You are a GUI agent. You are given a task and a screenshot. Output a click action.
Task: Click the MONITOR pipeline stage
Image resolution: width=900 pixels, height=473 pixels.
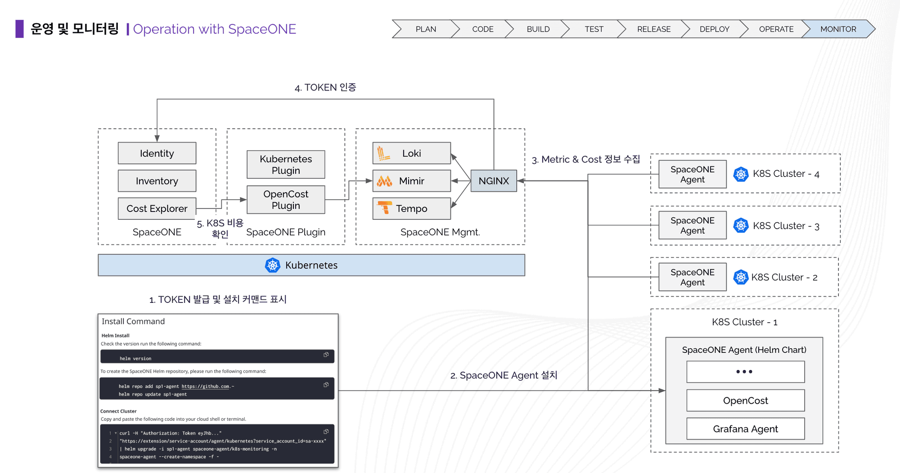[x=838, y=29]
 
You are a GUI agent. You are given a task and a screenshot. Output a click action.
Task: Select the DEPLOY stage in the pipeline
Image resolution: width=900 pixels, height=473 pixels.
[x=714, y=29]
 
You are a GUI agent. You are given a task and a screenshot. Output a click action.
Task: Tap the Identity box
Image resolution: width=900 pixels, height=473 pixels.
[x=157, y=153]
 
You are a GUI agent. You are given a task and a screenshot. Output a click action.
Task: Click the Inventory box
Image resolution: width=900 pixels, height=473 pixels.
[x=157, y=181]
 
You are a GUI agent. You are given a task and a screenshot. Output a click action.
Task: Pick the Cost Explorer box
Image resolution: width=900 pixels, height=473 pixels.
[x=157, y=208]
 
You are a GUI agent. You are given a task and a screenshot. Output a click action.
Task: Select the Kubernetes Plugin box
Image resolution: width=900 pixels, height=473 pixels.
[x=286, y=164]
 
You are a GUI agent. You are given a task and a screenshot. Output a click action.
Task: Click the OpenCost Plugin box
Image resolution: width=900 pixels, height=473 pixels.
[x=286, y=199]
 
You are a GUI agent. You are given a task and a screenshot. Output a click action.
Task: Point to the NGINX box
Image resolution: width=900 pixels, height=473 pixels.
[x=494, y=181]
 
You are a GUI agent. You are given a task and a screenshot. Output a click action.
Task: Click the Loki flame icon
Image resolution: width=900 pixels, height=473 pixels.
[x=383, y=153]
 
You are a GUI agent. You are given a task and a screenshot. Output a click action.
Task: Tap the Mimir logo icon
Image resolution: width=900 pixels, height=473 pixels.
[x=384, y=181]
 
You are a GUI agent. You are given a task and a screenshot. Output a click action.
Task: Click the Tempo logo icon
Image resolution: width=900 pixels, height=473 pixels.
[x=385, y=208]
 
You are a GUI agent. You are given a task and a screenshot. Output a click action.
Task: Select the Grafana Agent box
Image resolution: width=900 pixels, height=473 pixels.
[x=746, y=429]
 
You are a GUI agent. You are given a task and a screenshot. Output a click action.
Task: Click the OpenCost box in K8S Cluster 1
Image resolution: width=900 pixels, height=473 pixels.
[x=746, y=401]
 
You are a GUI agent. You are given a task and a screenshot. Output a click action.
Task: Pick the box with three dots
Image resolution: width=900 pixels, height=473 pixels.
[x=746, y=372]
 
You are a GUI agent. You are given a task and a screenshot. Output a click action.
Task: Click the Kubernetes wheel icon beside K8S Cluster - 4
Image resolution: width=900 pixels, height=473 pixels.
[x=741, y=174]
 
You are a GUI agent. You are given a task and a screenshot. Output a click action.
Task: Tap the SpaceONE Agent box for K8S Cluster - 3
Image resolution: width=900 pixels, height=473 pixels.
[x=693, y=225]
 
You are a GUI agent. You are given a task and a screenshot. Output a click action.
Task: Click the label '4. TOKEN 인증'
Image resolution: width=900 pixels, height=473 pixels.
[x=325, y=87]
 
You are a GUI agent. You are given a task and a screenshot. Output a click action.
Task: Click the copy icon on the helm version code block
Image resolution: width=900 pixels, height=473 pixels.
[x=326, y=355]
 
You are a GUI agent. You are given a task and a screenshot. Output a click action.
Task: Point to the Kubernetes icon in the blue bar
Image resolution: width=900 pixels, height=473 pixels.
[x=273, y=265]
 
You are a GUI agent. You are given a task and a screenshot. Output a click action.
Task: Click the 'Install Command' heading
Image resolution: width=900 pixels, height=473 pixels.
[x=133, y=321]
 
